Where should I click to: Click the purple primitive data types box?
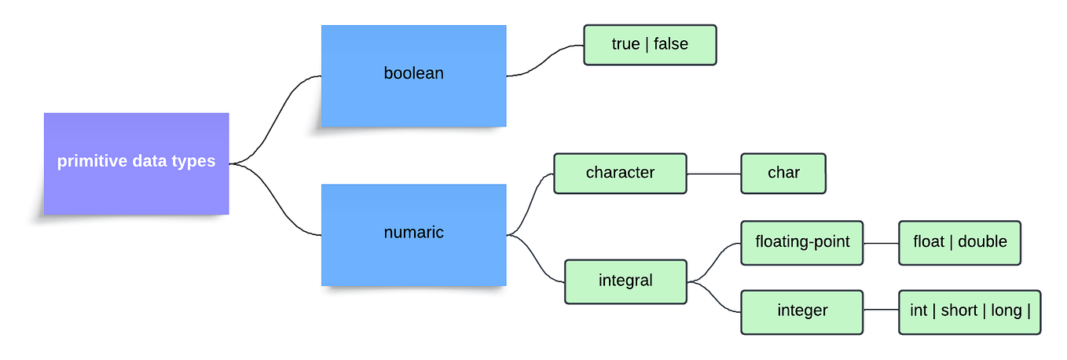click(x=136, y=163)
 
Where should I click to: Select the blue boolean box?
click(x=413, y=75)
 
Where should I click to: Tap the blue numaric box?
click(x=413, y=234)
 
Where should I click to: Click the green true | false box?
click(x=650, y=45)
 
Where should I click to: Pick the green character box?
click(x=620, y=173)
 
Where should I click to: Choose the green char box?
click(x=783, y=173)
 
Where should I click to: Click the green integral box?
click(x=625, y=281)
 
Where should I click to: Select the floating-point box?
click(x=802, y=242)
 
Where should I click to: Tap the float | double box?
click(x=959, y=242)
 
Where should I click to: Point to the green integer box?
click(x=802, y=311)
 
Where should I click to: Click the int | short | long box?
click(x=970, y=311)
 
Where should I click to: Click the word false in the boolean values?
click(x=670, y=45)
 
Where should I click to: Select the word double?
click(x=982, y=242)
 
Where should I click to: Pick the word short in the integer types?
click(x=959, y=310)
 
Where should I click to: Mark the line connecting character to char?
click(x=714, y=173)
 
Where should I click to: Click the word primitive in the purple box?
click(x=88, y=162)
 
